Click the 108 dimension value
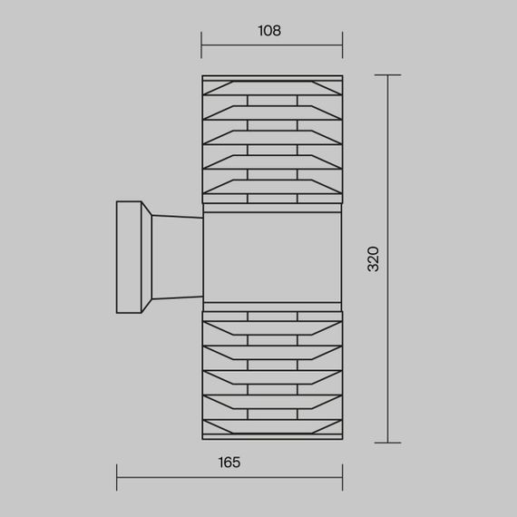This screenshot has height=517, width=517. point(269,31)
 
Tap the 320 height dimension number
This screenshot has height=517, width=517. point(374,258)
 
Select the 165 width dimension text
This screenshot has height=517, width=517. point(229,463)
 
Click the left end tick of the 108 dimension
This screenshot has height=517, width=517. point(201,45)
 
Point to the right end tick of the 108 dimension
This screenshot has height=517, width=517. point(343,45)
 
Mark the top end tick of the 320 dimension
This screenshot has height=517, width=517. point(388,75)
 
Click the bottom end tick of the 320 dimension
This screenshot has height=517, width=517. point(388,443)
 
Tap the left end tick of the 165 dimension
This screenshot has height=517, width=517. point(117,477)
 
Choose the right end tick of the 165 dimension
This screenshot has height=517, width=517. point(343,477)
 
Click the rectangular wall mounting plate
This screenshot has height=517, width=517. point(129,257)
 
